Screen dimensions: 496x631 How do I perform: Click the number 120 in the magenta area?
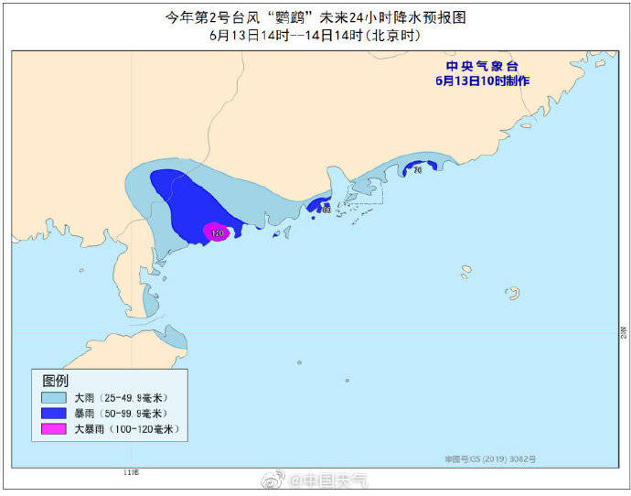pyautogui.click(x=217, y=234)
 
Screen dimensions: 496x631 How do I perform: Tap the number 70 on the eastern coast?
pyautogui.click(x=417, y=170)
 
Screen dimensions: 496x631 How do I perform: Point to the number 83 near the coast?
pyautogui.click(x=326, y=210)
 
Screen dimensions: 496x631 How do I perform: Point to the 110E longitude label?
pyautogui.click(x=131, y=472)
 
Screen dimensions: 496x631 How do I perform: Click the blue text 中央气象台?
pyautogui.click(x=482, y=66)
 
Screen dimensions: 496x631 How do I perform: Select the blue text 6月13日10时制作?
pyautogui.click(x=482, y=81)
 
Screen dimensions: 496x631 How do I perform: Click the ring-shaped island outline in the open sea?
pyautogui.click(x=513, y=293)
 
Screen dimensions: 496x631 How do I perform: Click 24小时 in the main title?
pyautogui.click(x=369, y=17)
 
